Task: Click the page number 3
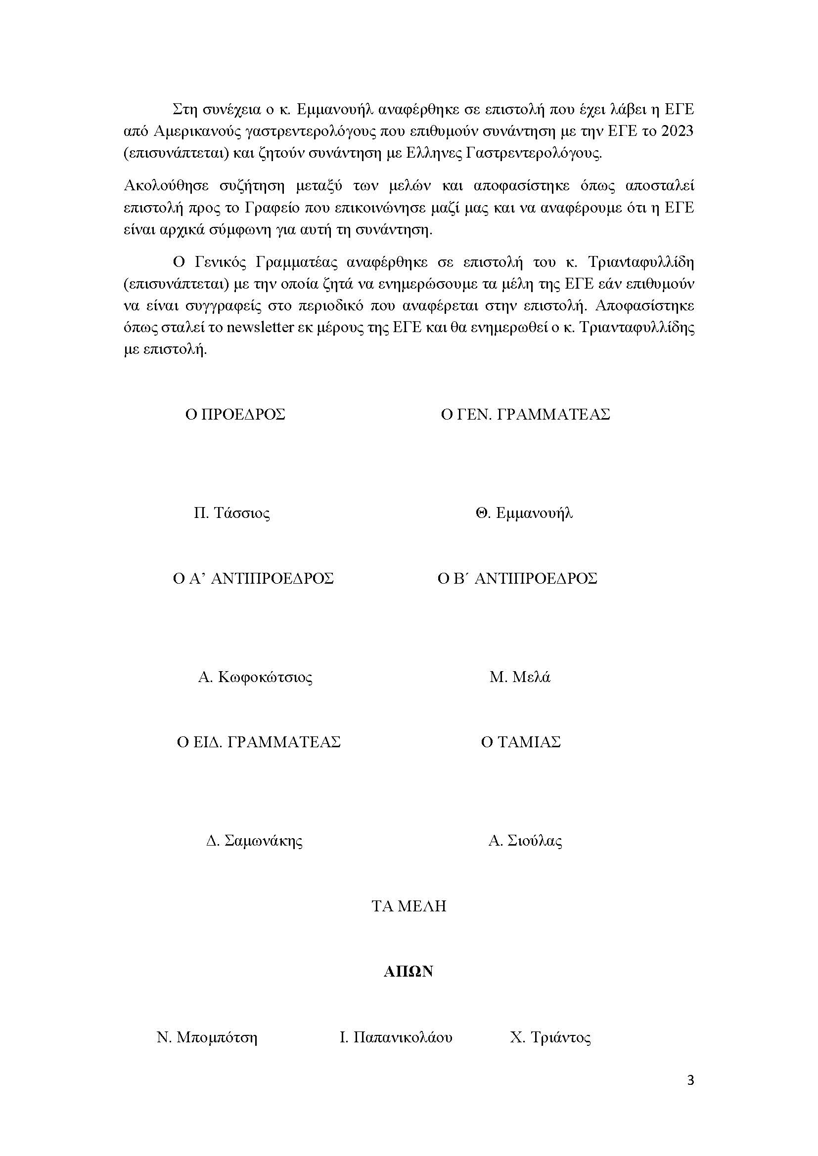click(690, 1080)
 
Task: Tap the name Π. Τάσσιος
click(231, 514)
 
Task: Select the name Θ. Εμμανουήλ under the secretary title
click(524, 514)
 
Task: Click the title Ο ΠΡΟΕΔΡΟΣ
click(235, 415)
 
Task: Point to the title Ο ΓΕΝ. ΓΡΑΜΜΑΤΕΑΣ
click(525, 415)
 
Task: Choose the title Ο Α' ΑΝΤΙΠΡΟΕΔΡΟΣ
click(253, 579)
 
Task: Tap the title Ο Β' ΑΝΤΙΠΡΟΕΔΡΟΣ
click(517, 579)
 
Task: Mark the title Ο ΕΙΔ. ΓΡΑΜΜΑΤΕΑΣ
click(259, 743)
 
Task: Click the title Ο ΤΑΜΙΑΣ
click(521, 743)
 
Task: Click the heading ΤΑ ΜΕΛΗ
click(409, 907)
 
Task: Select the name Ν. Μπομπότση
click(207, 1038)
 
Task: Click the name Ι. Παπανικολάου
click(396, 1038)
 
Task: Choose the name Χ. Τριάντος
click(550, 1038)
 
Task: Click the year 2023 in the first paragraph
click(678, 131)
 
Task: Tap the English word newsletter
click(261, 328)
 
